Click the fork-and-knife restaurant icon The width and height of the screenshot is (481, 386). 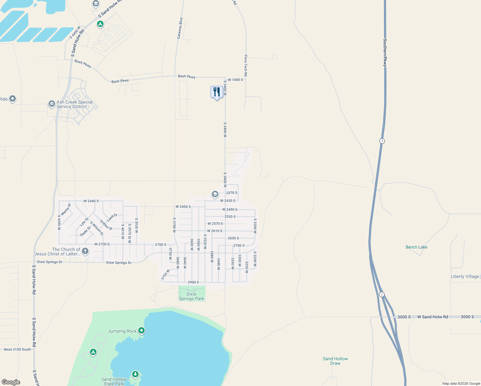(x=217, y=92)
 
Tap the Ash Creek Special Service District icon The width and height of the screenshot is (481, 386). (x=51, y=104)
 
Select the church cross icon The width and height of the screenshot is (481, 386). (x=85, y=251)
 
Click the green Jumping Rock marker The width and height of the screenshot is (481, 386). (x=141, y=330)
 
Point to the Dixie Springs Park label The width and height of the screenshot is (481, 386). (x=191, y=296)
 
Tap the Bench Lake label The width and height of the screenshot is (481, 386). (x=416, y=247)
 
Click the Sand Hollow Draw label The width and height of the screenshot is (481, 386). (x=335, y=361)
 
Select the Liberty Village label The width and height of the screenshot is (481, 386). (x=465, y=276)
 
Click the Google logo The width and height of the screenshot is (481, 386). (x=11, y=382)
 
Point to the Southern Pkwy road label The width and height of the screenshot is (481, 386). (x=385, y=53)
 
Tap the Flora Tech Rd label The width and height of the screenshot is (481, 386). (x=246, y=65)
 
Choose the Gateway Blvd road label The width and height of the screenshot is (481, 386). (x=180, y=28)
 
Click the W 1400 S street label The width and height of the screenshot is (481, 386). (x=235, y=80)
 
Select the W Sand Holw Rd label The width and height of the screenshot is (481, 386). (x=432, y=317)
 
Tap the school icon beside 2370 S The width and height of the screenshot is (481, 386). (x=215, y=194)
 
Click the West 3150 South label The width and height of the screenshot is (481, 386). (x=17, y=349)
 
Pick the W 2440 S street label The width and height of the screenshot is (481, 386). (x=91, y=201)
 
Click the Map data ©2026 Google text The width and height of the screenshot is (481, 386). (x=461, y=383)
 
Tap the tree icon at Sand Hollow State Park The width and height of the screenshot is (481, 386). (x=135, y=374)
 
